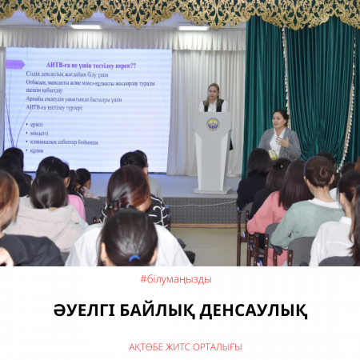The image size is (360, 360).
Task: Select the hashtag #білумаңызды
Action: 179,279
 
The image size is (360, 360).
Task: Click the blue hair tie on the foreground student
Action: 134,258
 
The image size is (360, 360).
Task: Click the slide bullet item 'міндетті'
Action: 40,134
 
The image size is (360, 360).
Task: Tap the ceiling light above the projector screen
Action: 86,26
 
